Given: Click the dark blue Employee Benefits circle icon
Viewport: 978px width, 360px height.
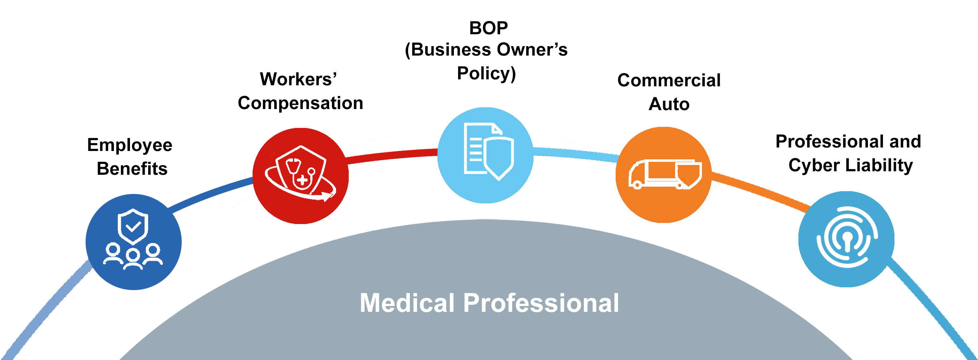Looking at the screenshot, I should tap(133, 242).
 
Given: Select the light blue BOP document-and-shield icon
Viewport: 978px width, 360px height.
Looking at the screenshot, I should tap(486, 155).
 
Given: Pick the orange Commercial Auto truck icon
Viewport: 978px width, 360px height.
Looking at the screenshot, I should tap(663, 175).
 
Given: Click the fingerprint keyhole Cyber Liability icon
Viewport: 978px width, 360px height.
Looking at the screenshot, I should tap(846, 239).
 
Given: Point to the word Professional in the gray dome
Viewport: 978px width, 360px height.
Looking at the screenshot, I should tap(541, 303).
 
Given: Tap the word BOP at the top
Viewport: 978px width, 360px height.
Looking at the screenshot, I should tap(488, 28).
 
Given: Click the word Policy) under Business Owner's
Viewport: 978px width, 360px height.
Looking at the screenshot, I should tap(486, 73).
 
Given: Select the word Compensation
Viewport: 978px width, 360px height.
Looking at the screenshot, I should tap(300, 103).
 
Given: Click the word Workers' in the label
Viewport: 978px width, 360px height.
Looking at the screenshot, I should tap(298, 79).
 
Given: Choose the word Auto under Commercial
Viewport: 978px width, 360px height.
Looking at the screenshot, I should tap(669, 104).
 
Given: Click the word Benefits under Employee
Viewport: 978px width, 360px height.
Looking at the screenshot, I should tap(132, 168).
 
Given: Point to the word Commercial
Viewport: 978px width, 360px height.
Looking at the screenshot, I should tap(669, 80).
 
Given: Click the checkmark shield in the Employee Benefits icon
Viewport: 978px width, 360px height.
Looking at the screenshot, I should tap(132, 227).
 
